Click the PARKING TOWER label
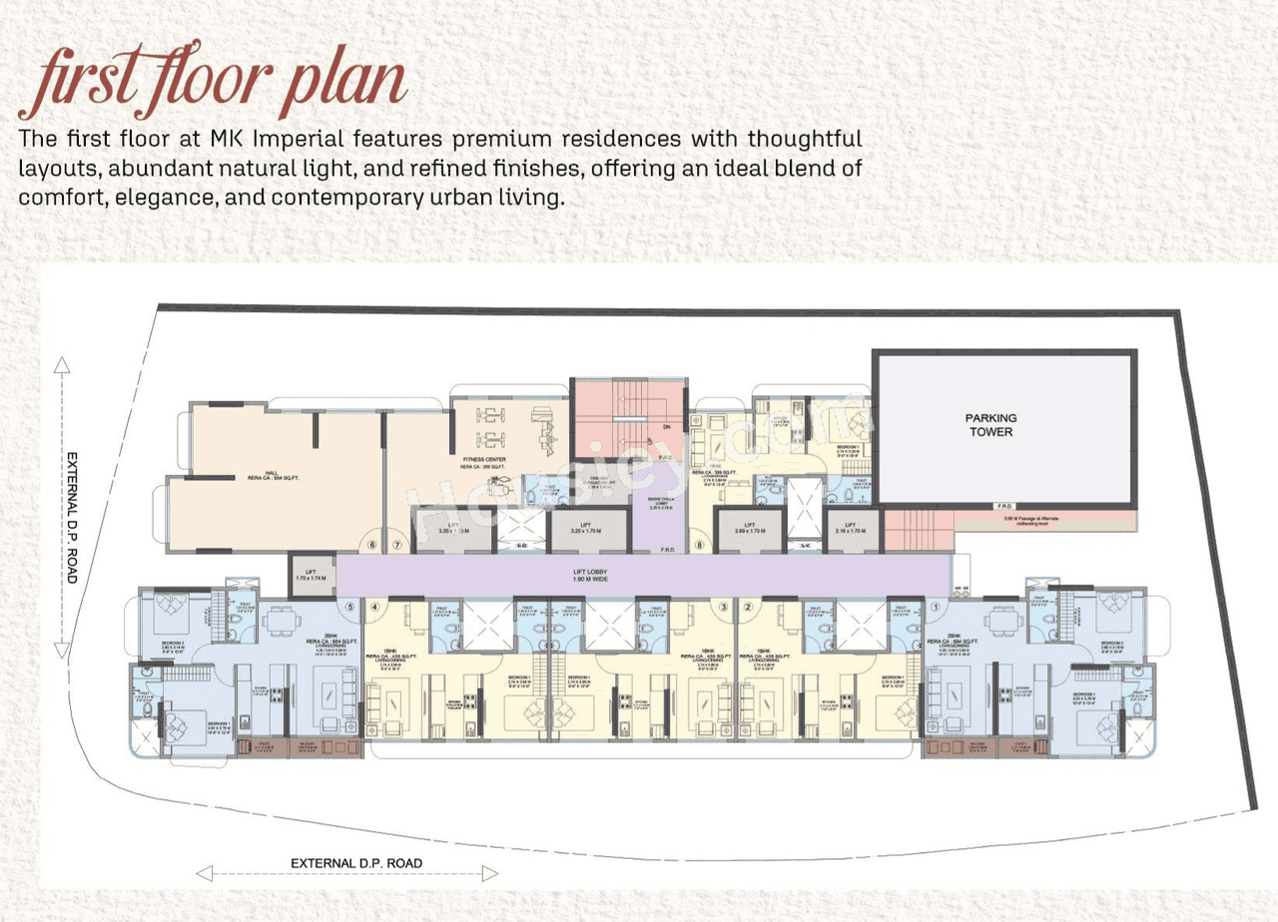pyautogui.click(x=989, y=425)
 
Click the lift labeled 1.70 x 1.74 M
pyautogui.click(x=312, y=576)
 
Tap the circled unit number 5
pyautogui.click(x=349, y=606)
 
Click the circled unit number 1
pyautogui.click(x=936, y=606)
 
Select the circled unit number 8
pyautogui.click(x=700, y=545)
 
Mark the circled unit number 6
pyautogui.click(x=372, y=545)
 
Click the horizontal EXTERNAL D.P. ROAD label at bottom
pyautogui.click(x=356, y=863)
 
